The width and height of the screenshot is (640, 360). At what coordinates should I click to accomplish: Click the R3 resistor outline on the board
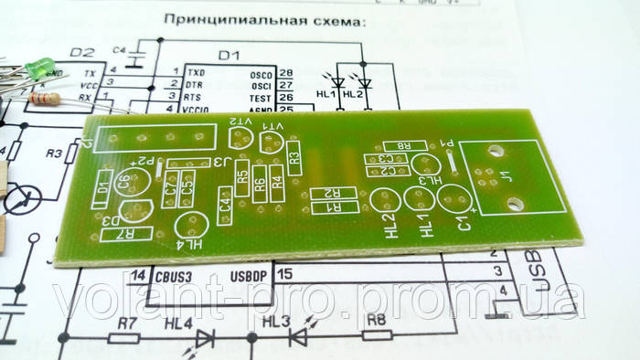[293, 157]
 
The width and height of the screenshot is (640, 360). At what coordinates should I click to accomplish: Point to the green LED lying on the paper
[39, 67]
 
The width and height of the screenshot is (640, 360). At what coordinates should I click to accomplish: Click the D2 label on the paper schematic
[82, 52]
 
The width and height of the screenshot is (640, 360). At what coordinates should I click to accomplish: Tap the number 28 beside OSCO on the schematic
[286, 72]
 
